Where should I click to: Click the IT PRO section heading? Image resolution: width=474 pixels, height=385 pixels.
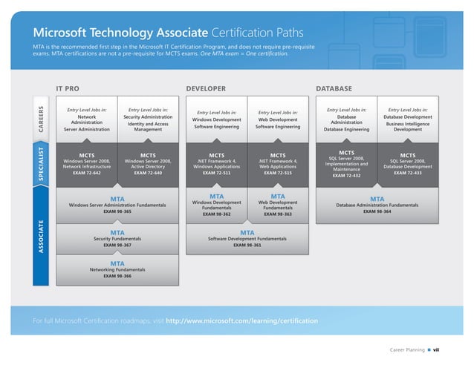pos(68,89)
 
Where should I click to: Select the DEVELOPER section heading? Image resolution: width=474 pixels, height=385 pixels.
pos(205,89)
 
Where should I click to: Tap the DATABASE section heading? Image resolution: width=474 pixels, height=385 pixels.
pos(334,89)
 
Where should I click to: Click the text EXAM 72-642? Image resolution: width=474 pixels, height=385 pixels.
pos(87,173)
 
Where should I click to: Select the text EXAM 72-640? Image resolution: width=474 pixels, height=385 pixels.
pos(148,173)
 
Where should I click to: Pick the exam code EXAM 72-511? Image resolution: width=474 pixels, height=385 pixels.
pos(216,173)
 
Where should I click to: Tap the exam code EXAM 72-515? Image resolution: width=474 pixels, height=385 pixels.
pos(278,173)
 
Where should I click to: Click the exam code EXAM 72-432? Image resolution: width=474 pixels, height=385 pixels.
pos(346,176)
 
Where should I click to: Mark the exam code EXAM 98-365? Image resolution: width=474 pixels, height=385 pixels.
pos(117,211)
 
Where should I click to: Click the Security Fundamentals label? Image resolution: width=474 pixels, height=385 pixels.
pos(117,238)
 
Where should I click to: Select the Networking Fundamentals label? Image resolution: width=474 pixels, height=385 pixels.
pos(117,269)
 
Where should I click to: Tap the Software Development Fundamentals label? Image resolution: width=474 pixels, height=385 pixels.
pos(247,238)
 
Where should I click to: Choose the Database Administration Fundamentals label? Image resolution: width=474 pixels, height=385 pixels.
pos(377,205)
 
